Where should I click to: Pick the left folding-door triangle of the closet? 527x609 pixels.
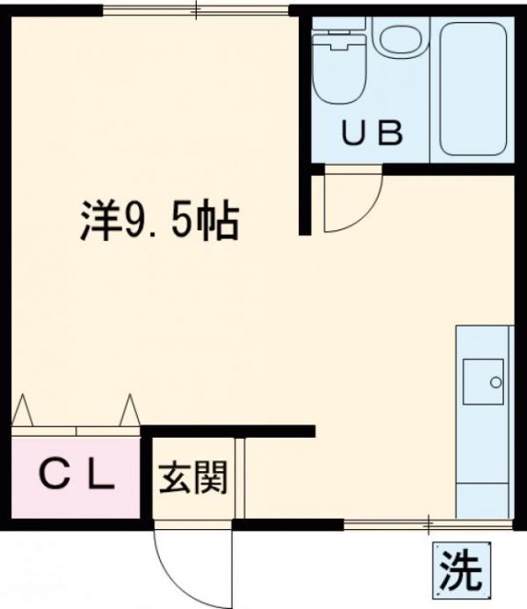23,411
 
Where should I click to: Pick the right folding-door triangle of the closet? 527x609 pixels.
129,410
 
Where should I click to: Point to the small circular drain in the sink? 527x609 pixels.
495,383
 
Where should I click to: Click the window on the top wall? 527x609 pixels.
195,11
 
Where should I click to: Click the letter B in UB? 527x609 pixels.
390,131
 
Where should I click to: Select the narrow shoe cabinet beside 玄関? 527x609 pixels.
241,479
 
